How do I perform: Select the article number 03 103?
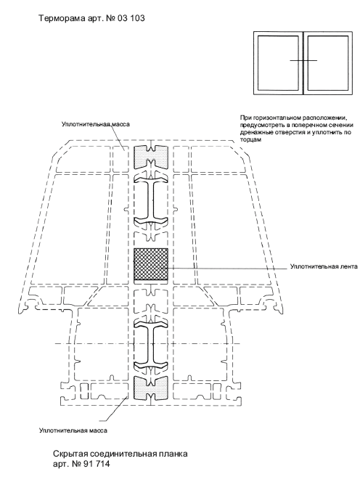[131, 18]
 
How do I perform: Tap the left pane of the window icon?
[278, 63]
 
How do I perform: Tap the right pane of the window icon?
[328, 63]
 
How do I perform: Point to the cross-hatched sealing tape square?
[151, 264]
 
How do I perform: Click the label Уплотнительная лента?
[324, 267]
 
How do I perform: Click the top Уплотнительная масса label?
[96, 124]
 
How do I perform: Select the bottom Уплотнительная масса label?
[73, 430]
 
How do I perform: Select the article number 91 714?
[97, 464]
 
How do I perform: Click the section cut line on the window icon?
[303, 60]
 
